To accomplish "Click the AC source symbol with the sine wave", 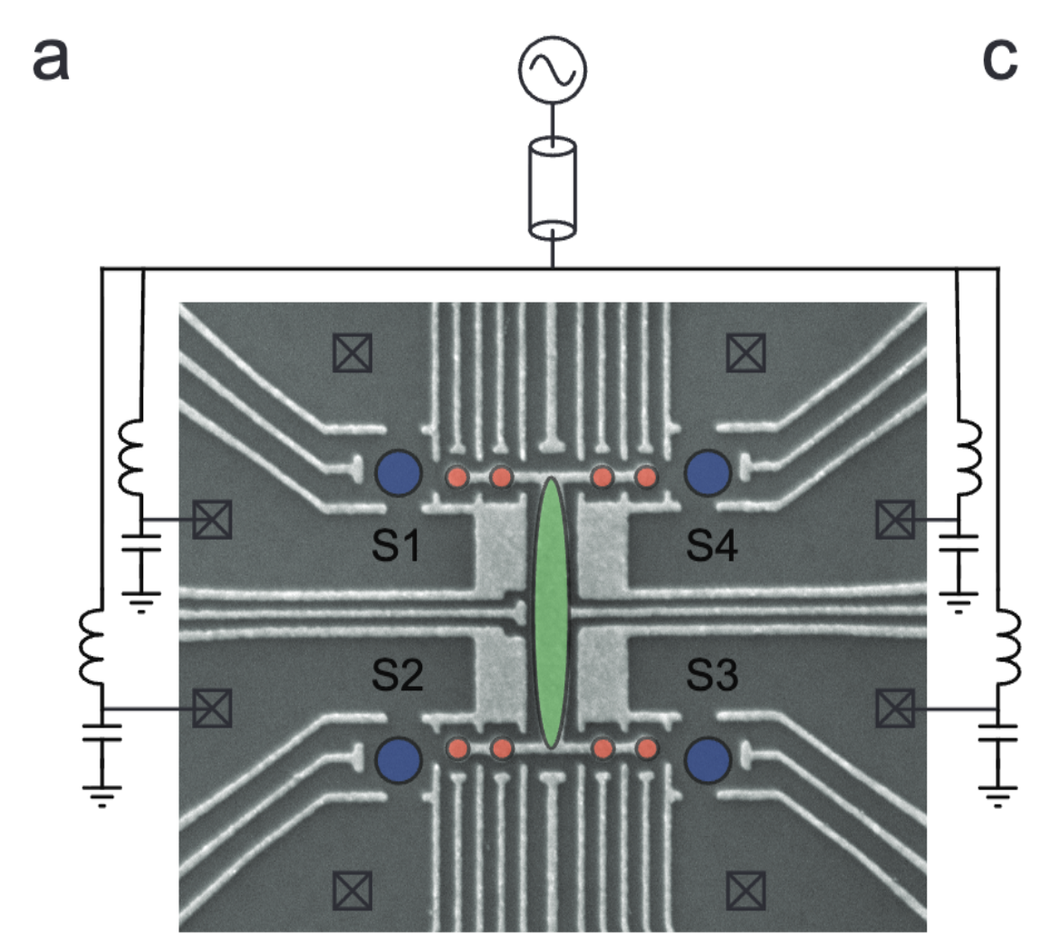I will (552, 72).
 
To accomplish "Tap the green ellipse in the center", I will (552, 612).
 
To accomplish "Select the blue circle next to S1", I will (399, 473).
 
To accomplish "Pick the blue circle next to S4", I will (708, 473).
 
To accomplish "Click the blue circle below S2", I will (399, 759).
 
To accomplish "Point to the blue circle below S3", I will (708, 759).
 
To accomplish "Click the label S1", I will (397, 547).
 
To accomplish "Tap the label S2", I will (397, 675).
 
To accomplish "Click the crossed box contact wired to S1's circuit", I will (213, 519).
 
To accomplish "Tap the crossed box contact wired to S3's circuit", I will (895, 708).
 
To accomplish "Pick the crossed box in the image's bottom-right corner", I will (746, 891).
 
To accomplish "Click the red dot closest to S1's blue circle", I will (457, 477).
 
